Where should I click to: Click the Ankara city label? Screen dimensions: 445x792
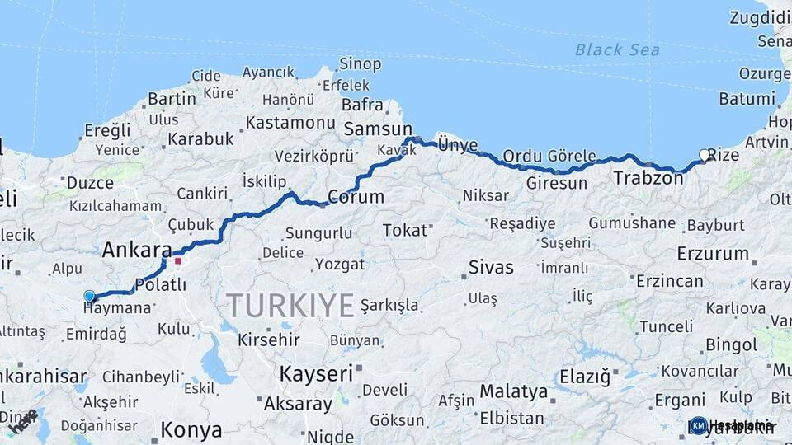[137, 251]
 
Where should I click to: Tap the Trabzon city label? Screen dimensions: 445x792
[643, 177]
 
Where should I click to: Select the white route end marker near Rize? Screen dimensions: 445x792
[705, 155]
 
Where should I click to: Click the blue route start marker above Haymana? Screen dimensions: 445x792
[89, 296]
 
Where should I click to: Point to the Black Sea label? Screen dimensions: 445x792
[617, 50]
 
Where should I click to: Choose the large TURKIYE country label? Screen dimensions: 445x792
[291, 306]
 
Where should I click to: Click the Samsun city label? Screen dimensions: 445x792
[377, 129]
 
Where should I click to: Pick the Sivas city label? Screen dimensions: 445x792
[491, 267]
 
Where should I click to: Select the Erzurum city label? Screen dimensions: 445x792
[713, 253]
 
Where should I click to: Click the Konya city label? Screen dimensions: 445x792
[191, 429]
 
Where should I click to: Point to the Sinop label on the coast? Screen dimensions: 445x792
[361, 63]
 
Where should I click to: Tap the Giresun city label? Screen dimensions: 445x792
[556, 182]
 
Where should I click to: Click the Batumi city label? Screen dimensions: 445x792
[747, 99]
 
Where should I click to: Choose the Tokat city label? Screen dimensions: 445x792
[405, 230]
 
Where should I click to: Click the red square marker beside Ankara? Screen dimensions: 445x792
[177, 262]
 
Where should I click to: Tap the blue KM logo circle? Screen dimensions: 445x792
[698, 425]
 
